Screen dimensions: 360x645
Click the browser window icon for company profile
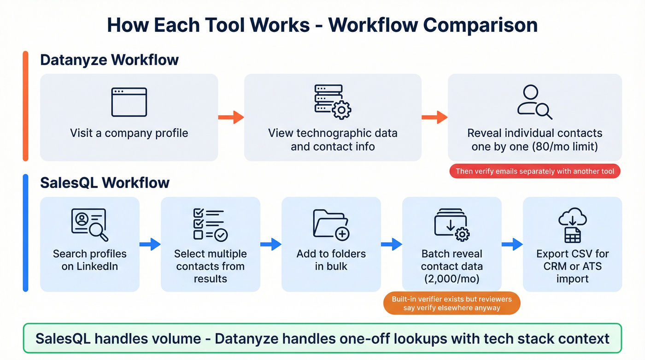tap(129, 102)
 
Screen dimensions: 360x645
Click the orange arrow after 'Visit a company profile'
tap(231, 117)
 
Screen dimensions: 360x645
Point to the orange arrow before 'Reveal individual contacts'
tap(434, 117)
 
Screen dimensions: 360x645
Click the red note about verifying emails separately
tap(535, 171)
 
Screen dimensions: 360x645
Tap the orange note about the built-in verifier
tap(451, 303)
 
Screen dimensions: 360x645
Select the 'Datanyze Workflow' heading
tap(109, 60)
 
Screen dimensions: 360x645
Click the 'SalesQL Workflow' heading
tap(105, 183)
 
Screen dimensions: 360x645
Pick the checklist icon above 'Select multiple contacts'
tap(210, 225)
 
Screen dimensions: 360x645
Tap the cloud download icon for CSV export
tap(572, 225)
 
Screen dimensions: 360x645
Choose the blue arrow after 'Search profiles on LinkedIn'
tap(150, 244)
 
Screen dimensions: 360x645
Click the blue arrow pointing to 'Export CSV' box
tap(512, 244)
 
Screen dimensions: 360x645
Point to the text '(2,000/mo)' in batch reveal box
tap(451, 278)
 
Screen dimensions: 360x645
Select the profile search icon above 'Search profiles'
tap(89, 225)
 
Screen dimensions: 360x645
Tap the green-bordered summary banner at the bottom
tap(322, 339)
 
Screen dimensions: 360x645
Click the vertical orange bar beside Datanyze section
tap(26, 106)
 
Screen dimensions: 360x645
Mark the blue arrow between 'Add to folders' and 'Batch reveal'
tap(392, 244)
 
